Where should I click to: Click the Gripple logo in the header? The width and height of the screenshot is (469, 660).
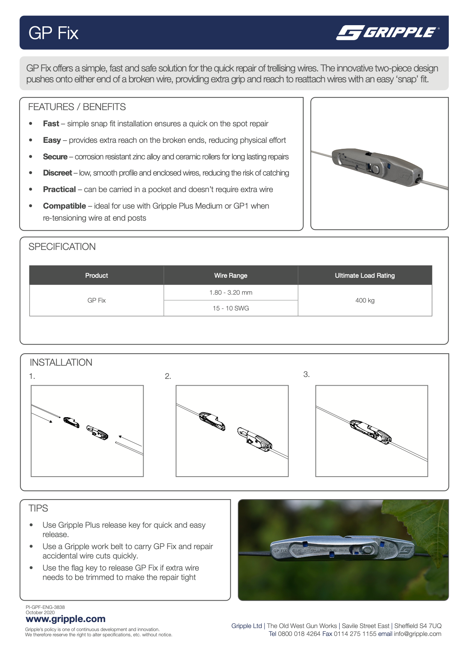(x=387, y=33)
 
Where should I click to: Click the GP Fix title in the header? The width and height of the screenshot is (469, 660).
(x=53, y=33)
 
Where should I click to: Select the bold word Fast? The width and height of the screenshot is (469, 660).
(x=51, y=124)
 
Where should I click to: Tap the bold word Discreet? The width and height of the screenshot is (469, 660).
(x=57, y=173)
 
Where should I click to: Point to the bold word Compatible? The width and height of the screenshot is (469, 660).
(x=64, y=206)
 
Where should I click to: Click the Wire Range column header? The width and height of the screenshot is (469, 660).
(x=231, y=276)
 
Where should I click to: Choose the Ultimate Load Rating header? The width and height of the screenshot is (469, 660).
(x=365, y=276)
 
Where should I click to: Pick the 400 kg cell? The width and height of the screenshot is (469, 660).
(x=365, y=300)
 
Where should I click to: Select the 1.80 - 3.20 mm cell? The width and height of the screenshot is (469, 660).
(x=231, y=292)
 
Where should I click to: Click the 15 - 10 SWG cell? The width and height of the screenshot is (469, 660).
(x=231, y=308)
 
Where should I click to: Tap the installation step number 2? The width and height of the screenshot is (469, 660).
(x=168, y=376)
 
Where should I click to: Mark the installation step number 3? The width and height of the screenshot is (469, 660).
(x=306, y=374)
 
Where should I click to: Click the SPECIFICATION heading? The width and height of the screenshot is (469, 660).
(x=62, y=247)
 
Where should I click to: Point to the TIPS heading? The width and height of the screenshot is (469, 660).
(x=38, y=509)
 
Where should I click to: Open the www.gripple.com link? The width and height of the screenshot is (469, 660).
(x=65, y=619)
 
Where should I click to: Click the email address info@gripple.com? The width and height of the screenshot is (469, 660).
(x=418, y=634)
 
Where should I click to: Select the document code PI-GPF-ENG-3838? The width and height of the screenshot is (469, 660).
(x=45, y=607)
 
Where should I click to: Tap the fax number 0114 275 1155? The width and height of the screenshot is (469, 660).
(x=355, y=634)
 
